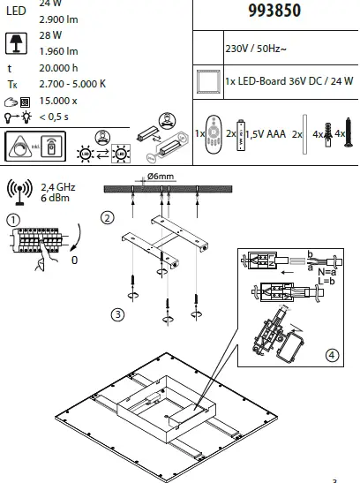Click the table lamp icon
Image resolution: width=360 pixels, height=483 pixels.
coord(15,41)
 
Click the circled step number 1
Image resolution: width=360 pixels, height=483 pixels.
coord(12,219)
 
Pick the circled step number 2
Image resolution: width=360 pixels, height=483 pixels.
coord(107,217)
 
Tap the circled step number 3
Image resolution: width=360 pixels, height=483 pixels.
coord(116,313)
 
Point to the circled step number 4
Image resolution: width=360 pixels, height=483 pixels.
coord(331,355)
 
